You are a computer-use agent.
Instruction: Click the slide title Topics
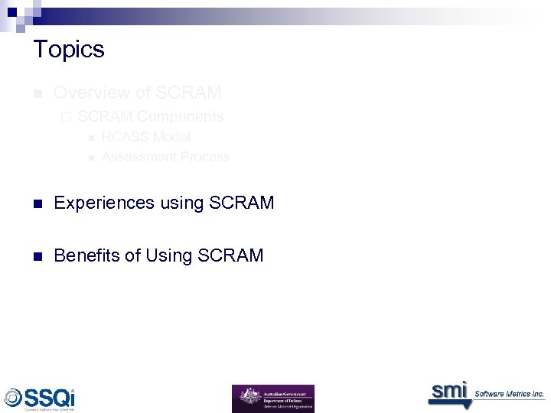click(69, 50)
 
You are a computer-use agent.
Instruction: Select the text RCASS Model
click(146, 137)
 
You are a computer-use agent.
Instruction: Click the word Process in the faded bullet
click(205, 157)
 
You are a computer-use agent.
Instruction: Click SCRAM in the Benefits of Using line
click(230, 255)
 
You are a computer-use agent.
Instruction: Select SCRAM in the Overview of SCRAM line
click(188, 93)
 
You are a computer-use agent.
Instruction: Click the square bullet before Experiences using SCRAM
click(37, 203)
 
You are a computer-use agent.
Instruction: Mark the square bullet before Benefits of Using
click(37, 256)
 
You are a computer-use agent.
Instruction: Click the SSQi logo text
click(50, 398)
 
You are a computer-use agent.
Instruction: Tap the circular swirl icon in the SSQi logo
click(13, 398)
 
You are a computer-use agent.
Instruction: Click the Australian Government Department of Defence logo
click(272, 398)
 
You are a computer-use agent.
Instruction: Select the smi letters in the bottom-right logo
click(448, 390)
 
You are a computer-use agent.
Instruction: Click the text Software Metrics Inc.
click(509, 394)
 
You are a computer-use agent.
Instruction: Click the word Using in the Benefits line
click(170, 255)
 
